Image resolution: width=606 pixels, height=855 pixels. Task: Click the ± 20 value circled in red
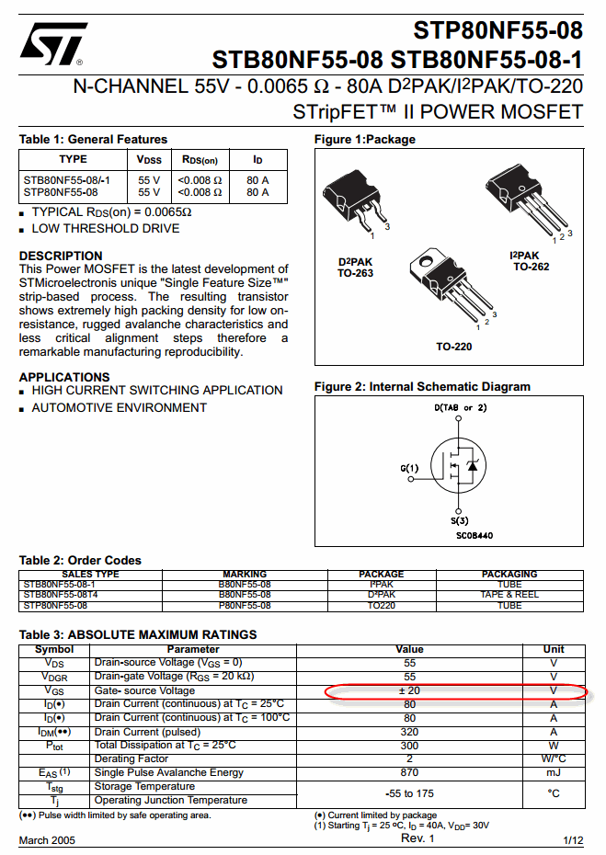click(x=409, y=690)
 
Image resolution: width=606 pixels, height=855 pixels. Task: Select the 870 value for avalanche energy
click(x=409, y=772)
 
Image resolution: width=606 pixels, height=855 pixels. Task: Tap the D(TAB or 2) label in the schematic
click(x=460, y=407)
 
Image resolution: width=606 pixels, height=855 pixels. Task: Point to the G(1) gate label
click(x=409, y=468)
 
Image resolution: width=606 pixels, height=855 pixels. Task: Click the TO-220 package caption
click(x=453, y=347)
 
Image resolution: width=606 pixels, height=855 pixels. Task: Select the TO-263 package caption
click(x=355, y=273)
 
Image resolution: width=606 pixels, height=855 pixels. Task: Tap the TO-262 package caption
click(x=532, y=267)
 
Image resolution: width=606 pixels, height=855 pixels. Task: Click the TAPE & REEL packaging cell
click(x=509, y=595)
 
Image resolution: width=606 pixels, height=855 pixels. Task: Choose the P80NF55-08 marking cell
click(x=245, y=606)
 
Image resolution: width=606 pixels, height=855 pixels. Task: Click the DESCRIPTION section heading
click(x=61, y=256)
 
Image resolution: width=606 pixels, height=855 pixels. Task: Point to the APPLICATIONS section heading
click(x=64, y=377)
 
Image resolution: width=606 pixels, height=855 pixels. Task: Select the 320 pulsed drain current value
click(x=409, y=732)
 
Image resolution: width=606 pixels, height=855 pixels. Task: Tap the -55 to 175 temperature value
click(x=409, y=793)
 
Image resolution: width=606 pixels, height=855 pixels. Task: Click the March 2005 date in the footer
click(x=48, y=840)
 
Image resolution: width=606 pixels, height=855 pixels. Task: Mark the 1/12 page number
click(x=572, y=840)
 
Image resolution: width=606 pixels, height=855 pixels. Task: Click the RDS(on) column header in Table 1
click(x=200, y=160)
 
